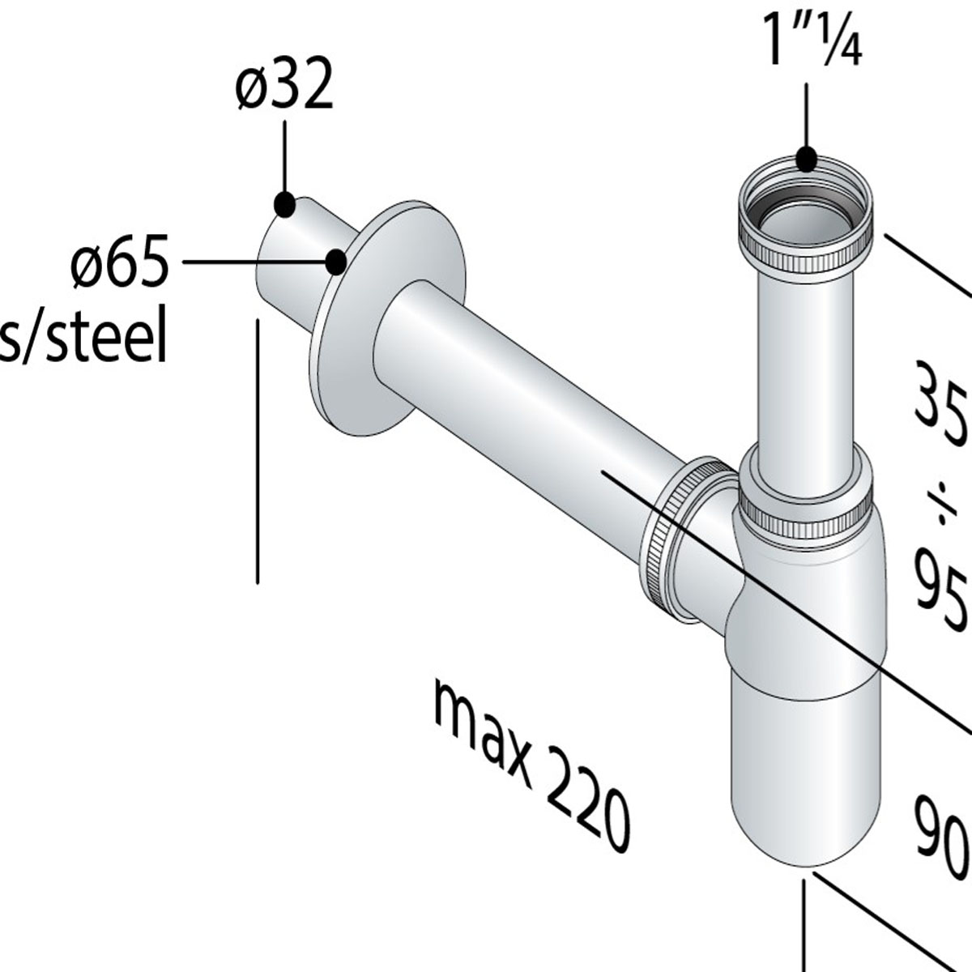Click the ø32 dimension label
point(284,87)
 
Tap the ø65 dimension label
point(120,262)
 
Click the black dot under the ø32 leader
point(284,205)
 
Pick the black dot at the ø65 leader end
point(335,261)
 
